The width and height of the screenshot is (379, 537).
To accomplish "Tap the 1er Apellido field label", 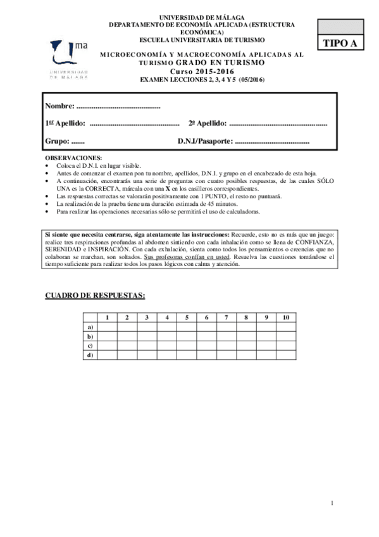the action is pos(65,123).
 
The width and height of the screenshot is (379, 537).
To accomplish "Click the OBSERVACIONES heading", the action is pos(73,157).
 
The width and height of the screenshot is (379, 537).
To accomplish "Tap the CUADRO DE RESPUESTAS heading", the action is pos(94,296).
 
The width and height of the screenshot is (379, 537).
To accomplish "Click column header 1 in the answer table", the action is pos(108,317).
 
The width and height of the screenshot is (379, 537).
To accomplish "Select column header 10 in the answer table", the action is pos(285,317).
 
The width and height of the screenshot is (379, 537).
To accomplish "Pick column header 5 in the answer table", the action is pos(186,317).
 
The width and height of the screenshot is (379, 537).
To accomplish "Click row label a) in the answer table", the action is pos(90,327).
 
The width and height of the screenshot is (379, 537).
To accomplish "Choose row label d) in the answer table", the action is pos(90,355).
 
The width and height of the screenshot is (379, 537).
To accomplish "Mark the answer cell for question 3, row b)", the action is pos(147,336).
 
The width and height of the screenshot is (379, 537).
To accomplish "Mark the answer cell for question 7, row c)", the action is pos(226,346).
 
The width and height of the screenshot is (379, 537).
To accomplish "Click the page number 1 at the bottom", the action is pos(331,503).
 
